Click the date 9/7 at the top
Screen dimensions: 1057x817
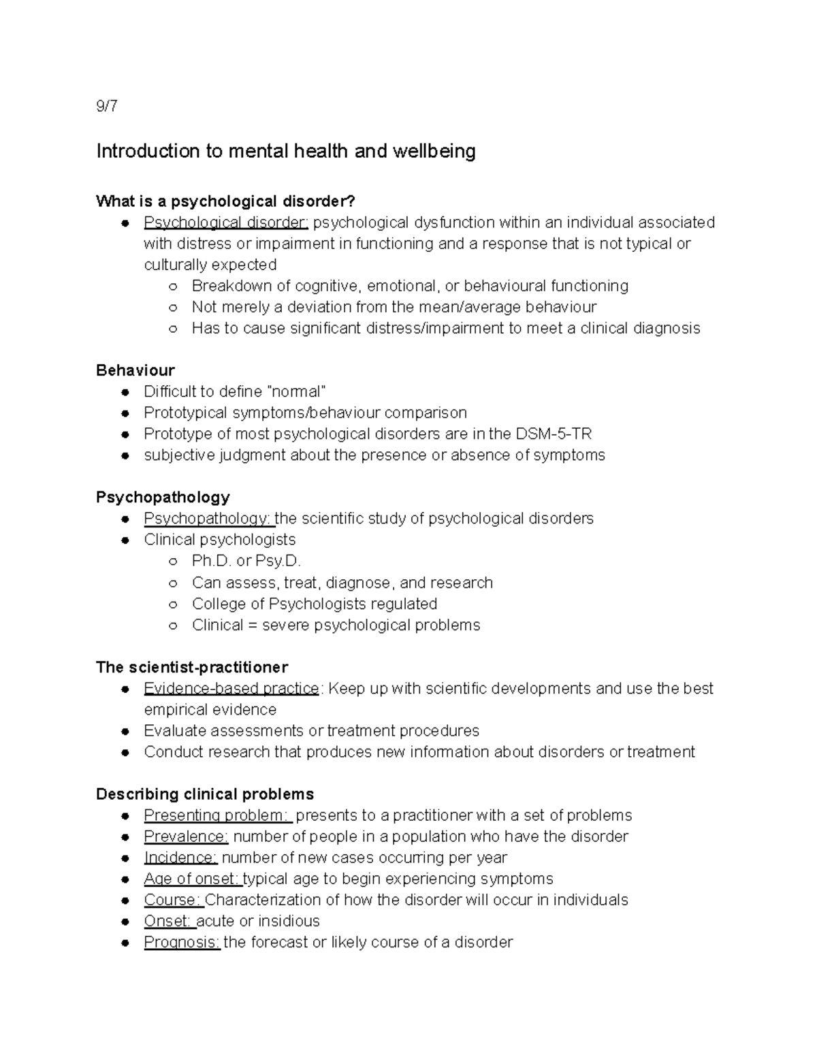click(x=106, y=107)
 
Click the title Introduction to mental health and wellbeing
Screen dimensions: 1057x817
click(x=285, y=151)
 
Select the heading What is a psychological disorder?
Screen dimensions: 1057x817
click(x=225, y=201)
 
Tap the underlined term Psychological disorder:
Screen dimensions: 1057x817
click(x=226, y=223)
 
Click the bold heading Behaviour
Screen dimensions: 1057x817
click(x=135, y=370)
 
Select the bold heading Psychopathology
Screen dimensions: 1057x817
click(x=163, y=497)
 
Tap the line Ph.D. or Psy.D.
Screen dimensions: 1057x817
click(x=246, y=562)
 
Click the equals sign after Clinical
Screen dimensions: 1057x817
click(x=253, y=625)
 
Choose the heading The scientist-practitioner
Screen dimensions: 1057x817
click(x=192, y=667)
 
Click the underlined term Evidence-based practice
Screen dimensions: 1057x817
click(x=231, y=689)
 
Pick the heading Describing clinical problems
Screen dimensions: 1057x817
click(x=205, y=794)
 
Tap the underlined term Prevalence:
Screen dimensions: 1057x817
click(x=186, y=836)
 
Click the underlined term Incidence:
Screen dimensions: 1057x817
click(x=180, y=858)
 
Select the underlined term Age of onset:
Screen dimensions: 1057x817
click(x=193, y=879)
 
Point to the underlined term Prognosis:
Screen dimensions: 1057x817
click(x=182, y=943)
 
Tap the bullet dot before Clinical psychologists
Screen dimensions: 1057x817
click(x=125, y=540)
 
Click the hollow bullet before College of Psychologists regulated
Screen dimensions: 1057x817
click(x=173, y=604)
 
